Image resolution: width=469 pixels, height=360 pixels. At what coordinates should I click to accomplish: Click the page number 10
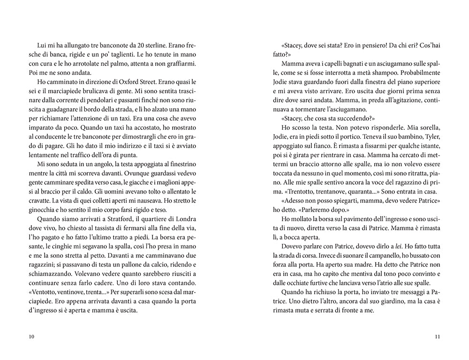(x=31, y=337)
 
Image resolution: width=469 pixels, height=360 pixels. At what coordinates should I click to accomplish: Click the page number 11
(x=437, y=337)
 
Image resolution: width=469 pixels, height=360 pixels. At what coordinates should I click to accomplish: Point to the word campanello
(x=376, y=255)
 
